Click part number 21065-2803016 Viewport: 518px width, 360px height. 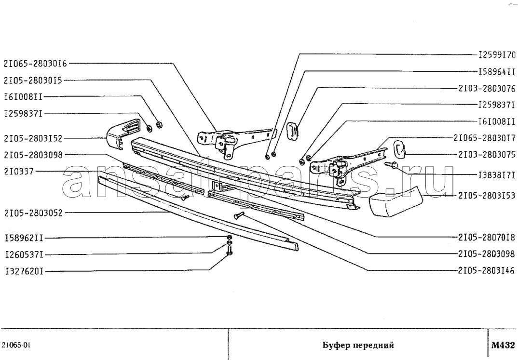pyautogui.click(x=35, y=63)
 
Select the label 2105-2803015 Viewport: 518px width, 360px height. pyautogui.click(x=33, y=80)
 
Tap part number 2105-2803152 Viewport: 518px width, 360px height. pyautogui.click(x=33, y=139)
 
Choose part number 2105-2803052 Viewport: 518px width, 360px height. pyautogui.click(x=33, y=213)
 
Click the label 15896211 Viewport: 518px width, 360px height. pyautogui.click(x=24, y=238)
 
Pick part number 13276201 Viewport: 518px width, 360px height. pyautogui.click(x=24, y=272)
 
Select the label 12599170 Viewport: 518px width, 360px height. pyautogui.click(x=496, y=55)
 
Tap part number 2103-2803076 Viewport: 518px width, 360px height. pyautogui.click(x=487, y=88)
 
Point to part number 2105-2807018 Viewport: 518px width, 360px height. pyautogui.click(x=487, y=237)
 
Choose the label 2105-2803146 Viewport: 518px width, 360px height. pyautogui.click(x=487, y=271)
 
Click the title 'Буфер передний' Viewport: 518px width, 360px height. pyautogui.click(x=358, y=346)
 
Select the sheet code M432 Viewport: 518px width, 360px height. pyautogui.click(x=503, y=345)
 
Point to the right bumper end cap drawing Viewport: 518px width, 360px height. pyautogui.click(x=395, y=202)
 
